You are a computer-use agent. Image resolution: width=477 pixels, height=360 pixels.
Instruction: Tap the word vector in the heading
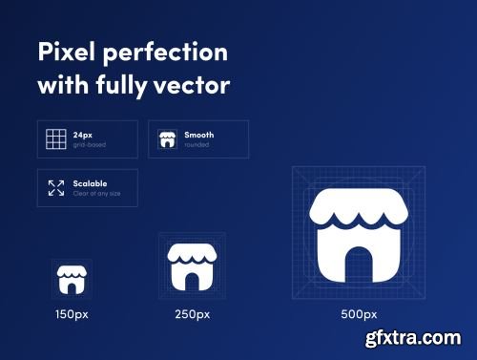[x=197, y=85]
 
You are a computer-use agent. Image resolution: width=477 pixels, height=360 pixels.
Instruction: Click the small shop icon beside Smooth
[x=167, y=139]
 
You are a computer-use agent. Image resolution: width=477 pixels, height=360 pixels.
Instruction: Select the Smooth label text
[x=198, y=136]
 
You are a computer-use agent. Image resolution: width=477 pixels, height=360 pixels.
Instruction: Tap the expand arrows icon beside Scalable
[x=56, y=188]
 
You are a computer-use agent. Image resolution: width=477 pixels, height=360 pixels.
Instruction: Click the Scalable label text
[x=90, y=183]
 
